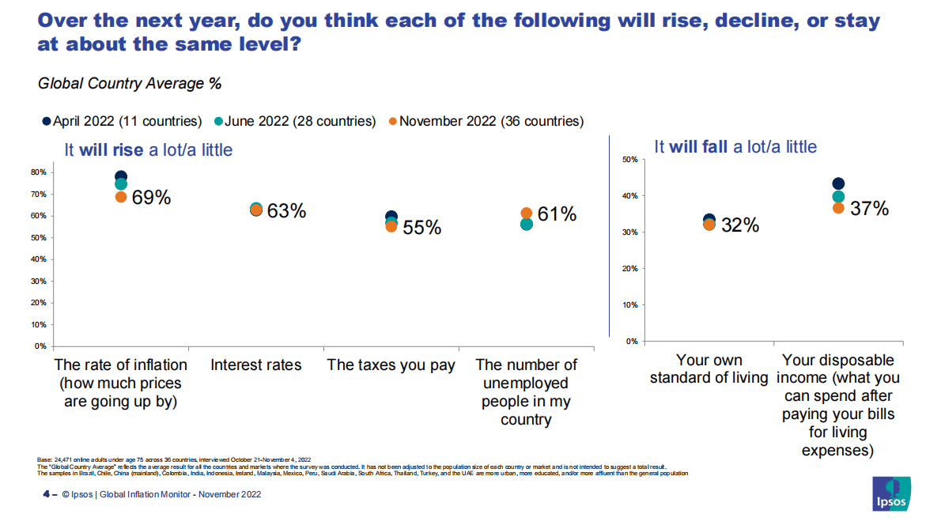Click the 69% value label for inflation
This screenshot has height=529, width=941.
pos(152,198)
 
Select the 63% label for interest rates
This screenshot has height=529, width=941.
pos(286,211)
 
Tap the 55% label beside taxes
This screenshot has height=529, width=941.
pos(421,228)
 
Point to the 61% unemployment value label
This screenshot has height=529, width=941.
pos(557,213)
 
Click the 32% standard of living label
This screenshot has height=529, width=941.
pos(740,225)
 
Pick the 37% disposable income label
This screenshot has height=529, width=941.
pos(870,209)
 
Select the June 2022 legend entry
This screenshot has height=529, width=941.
pos(295,121)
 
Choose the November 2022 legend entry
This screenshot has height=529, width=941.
pos(486,121)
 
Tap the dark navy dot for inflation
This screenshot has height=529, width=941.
pos(121,176)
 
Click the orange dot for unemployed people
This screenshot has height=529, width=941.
pos(526,213)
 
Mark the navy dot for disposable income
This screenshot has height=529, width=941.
pos(838,184)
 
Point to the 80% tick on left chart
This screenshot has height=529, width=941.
pos(39,172)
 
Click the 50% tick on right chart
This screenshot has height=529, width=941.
pos(630,160)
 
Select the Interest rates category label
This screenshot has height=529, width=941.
pos(256,365)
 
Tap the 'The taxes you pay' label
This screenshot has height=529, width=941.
pos(391,365)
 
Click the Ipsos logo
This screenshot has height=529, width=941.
pos(890,495)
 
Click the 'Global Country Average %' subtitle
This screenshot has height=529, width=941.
pos(130,82)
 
